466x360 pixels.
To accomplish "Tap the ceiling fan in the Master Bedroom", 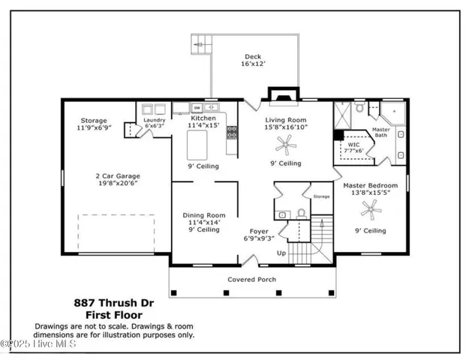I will (x=367, y=205).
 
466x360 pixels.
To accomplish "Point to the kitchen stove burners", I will (x=233, y=132).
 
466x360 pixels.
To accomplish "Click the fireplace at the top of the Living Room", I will (x=281, y=95).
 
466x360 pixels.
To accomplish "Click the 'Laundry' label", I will (x=155, y=119).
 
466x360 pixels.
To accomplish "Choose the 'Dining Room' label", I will (x=204, y=215).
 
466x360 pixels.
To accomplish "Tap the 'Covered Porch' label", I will (x=252, y=280).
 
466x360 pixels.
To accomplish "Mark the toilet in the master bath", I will (x=360, y=108).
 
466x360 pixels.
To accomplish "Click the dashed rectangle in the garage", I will (x=116, y=233).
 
